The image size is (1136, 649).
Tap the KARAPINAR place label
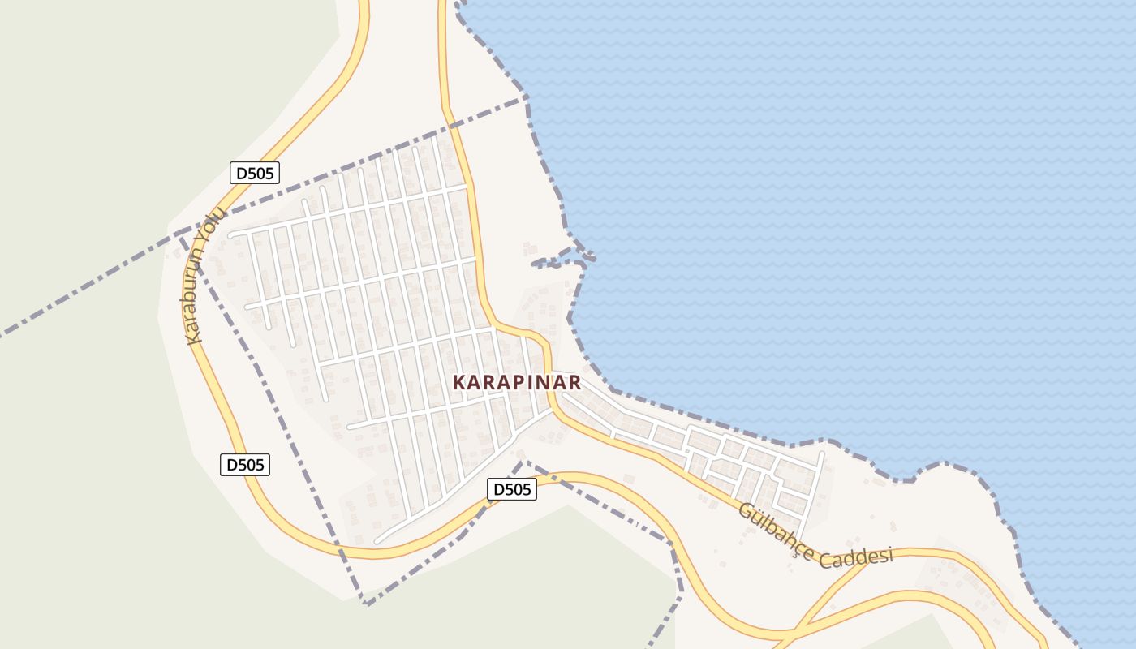click(517, 382)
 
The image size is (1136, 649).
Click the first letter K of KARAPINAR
click(459, 382)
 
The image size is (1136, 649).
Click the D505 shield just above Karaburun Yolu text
click(255, 173)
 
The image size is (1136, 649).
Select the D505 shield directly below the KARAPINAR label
click(512, 489)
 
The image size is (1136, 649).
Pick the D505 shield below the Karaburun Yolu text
click(245, 465)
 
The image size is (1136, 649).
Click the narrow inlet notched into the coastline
click(560, 261)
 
